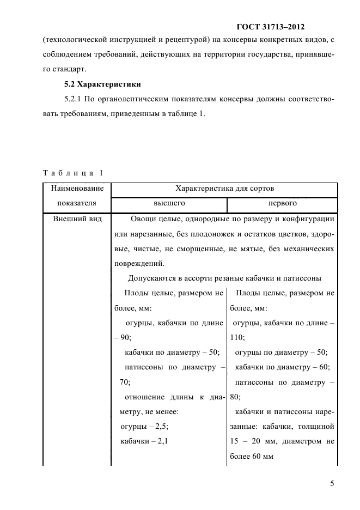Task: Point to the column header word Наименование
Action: coord(77,189)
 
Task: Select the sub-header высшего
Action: coord(169,203)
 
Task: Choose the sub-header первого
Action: coord(282,203)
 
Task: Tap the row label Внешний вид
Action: coord(75,220)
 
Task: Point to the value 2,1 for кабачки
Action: coord(159,440)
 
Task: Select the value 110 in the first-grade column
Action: coord(237,337)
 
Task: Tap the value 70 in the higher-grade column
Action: coord(124,381)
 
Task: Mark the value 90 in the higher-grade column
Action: coord(126,337)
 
